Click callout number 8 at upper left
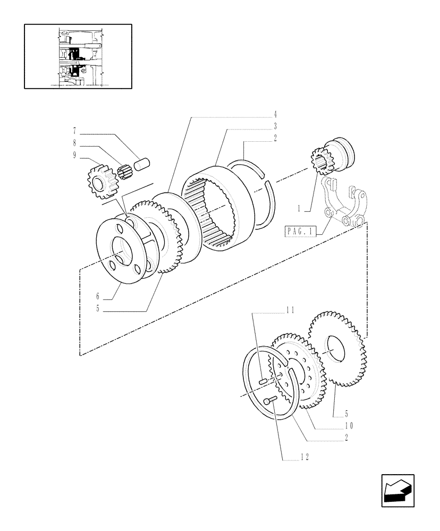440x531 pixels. [x=74, y=143]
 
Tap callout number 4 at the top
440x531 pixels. [x=276, y=114]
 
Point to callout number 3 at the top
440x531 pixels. [x=276, y=126]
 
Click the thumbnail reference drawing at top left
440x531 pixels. [x=78, y=56]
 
